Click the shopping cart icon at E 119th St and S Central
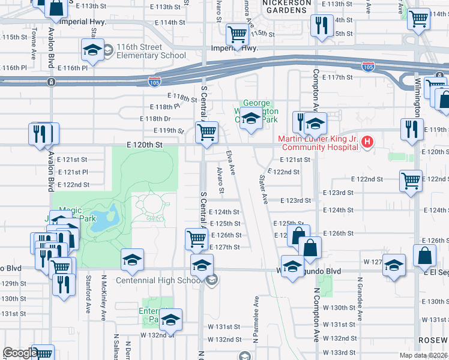click(207, 132)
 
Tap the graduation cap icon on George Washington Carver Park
click(252, 120)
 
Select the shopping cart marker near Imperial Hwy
click(237, 34)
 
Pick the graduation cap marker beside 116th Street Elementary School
click(93, 50)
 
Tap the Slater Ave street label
click(262, 189)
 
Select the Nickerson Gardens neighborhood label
click(288, 6)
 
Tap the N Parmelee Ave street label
click(256, 312)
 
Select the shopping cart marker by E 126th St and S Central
click(197, 238)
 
